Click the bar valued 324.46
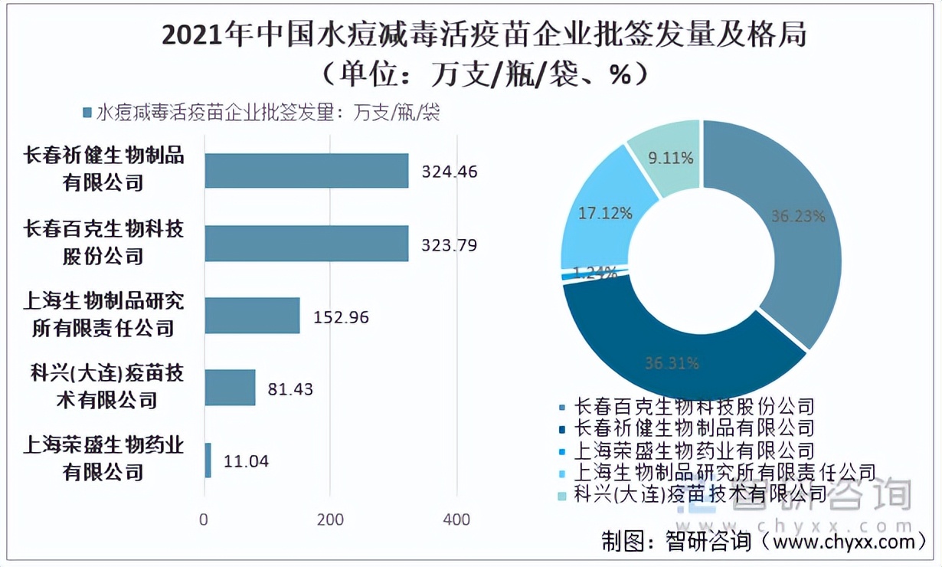tap(306, 171)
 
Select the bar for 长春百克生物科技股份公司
tap(306, 244)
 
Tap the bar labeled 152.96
tap(252, 316)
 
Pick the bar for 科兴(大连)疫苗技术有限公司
tap(230, 388)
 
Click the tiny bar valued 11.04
tap(208, 460)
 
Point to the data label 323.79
tap(450, 246)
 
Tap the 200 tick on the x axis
tap(331, 519)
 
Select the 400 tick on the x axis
tap(456, 519)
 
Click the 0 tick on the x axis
tap(204, 519)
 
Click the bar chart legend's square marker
tap(87, 113)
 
